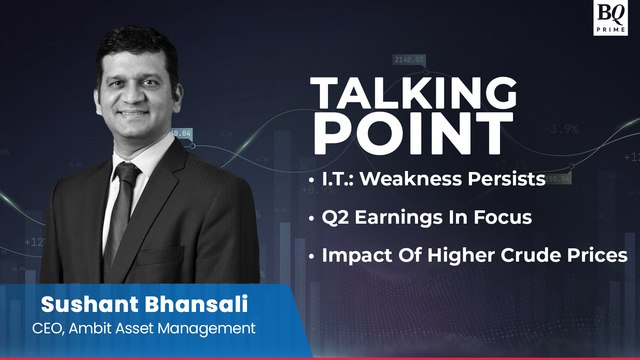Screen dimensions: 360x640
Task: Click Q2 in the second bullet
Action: click(x=337, y=218)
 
